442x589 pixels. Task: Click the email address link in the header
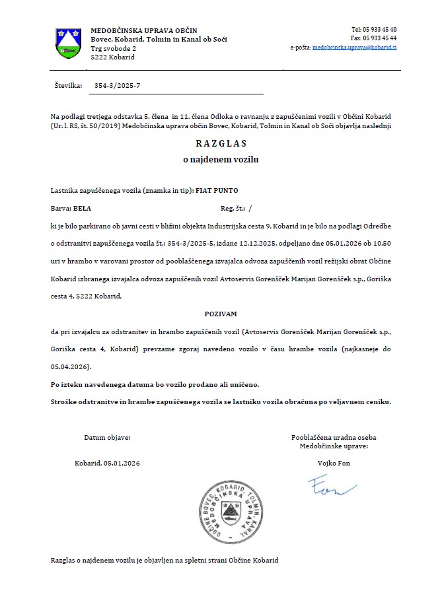(x=354, y=48)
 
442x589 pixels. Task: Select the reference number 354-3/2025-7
(x=118, y=86)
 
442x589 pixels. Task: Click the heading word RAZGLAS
(x=220, y=143)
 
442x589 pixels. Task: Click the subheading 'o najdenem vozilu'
(x=221, y=160)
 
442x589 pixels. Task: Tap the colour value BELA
(x=83, y=208)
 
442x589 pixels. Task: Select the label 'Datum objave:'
(x=108, y=438)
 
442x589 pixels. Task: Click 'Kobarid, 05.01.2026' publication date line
(x=108, y=464)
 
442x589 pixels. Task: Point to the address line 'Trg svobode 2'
(x=114, y=49)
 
